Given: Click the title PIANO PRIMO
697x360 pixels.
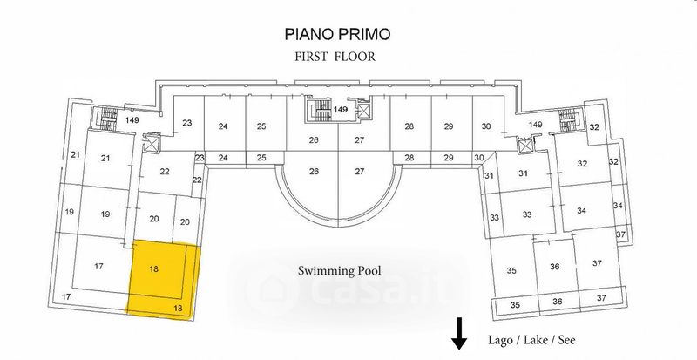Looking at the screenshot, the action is [x=337, y=34].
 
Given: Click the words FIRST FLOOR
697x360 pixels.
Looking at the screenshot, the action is [x=335, y=57].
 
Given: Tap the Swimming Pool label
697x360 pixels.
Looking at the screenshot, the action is [x=339, y=270].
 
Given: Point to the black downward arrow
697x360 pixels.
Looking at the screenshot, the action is [x=459, y=333].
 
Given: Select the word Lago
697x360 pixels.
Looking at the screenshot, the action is [x=501, y=341].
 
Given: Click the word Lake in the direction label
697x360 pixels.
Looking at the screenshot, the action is [x=536, y=340].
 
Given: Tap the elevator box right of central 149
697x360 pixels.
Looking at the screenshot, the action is [x=363, y=111].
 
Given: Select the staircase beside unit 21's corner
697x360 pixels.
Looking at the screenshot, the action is [x=107, y=119].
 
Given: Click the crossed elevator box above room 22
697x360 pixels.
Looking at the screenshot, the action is [x=152, y=143].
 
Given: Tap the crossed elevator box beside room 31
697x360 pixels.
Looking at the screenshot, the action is [x=525, y=145].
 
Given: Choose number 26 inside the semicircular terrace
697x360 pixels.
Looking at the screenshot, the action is [x=314, y=172].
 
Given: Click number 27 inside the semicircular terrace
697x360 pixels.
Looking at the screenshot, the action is [x=360, y=172].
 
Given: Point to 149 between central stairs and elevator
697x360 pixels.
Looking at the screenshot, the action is [x=341, y=110].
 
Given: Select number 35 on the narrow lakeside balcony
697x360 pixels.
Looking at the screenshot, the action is [x=515, y=305].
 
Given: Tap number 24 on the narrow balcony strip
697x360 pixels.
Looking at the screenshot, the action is [x=223, y=158].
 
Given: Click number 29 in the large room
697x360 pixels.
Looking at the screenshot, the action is [x=449, y=126].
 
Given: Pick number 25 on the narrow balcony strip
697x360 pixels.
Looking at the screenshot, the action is [x=262, y=158].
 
